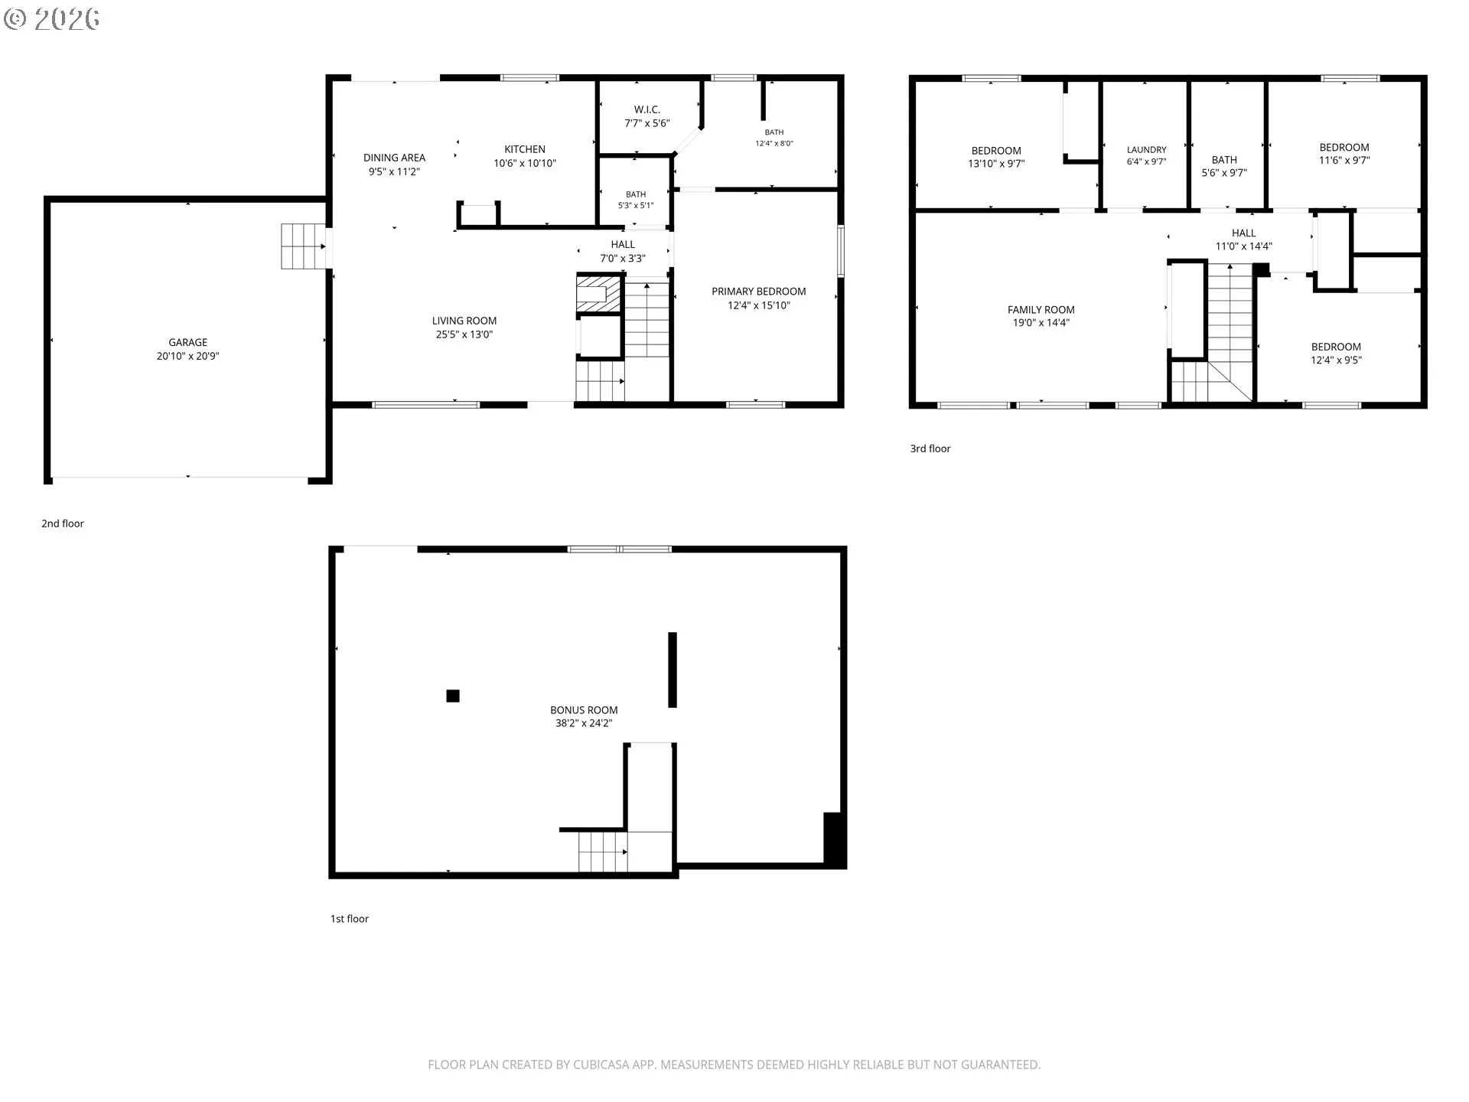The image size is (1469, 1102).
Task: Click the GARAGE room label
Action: point(187,342)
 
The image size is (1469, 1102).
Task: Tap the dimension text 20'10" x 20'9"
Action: point(187,356)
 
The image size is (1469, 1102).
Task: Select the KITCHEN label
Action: point(525,149)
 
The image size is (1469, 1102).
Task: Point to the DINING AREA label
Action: point(394,158)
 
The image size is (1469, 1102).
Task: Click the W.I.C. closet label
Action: point(647,109)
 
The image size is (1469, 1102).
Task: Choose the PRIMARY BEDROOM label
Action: point(759,292)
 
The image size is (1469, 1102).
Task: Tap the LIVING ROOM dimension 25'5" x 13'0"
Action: point(464,334)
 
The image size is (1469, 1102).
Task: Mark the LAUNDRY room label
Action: point(1146,150)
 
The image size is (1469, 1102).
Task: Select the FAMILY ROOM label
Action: point(1041,310)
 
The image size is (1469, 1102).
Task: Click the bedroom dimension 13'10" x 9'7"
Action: point(996,164)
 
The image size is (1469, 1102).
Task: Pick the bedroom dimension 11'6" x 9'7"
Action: point(1344,161)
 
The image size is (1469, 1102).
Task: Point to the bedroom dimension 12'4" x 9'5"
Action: point(1336,360)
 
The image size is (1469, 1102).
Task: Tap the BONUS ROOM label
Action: point(584,710)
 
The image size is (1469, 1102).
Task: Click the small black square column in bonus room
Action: point(453,696)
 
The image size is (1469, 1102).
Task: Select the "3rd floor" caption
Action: point(930,448)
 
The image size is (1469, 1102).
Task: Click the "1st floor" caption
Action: point(350,918)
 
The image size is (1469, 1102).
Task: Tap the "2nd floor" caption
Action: point(63,523)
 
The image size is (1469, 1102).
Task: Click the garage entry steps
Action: point(303,246)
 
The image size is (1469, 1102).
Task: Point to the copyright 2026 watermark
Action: point(52,19)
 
